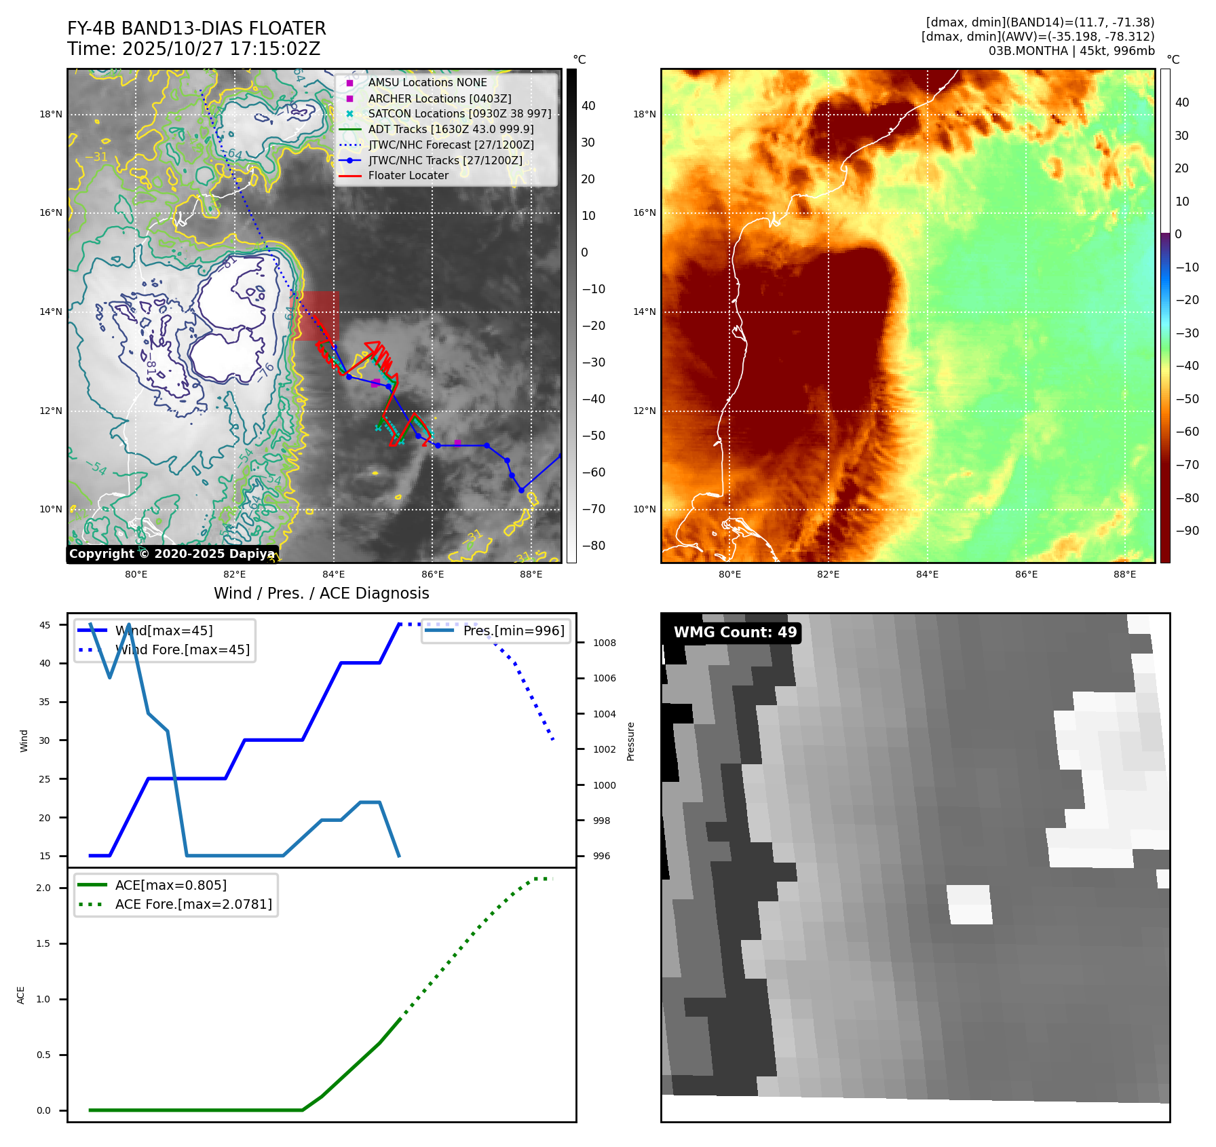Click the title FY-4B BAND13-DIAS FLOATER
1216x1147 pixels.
coord(196,29)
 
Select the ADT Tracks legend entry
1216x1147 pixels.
coord(451,129)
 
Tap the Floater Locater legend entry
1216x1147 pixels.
coord(408,175)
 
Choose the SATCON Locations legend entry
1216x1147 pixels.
coord(459,113)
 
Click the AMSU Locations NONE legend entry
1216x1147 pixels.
coord(427,82)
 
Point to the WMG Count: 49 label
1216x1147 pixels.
coord(735,633)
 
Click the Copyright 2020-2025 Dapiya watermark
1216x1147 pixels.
coord(172,554)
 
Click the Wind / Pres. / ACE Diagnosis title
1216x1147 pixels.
coord(321,593)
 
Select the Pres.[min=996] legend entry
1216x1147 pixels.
coord(514,631)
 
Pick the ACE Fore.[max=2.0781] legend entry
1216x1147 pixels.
coord(193,904)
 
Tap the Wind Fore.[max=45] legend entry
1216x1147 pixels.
coord(183,650)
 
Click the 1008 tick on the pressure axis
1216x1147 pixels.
coord(604,643)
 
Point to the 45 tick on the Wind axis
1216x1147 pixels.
coord(45,625)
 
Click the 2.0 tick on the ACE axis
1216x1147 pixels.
coord(43,888)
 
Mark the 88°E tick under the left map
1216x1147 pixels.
coord(531,574)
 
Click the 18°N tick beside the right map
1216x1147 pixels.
coord(645,114)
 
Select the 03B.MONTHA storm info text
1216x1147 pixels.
coord(1071,51)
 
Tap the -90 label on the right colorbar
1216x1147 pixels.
coord(1187,531)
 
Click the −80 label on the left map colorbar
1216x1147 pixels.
coord(593,546)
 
